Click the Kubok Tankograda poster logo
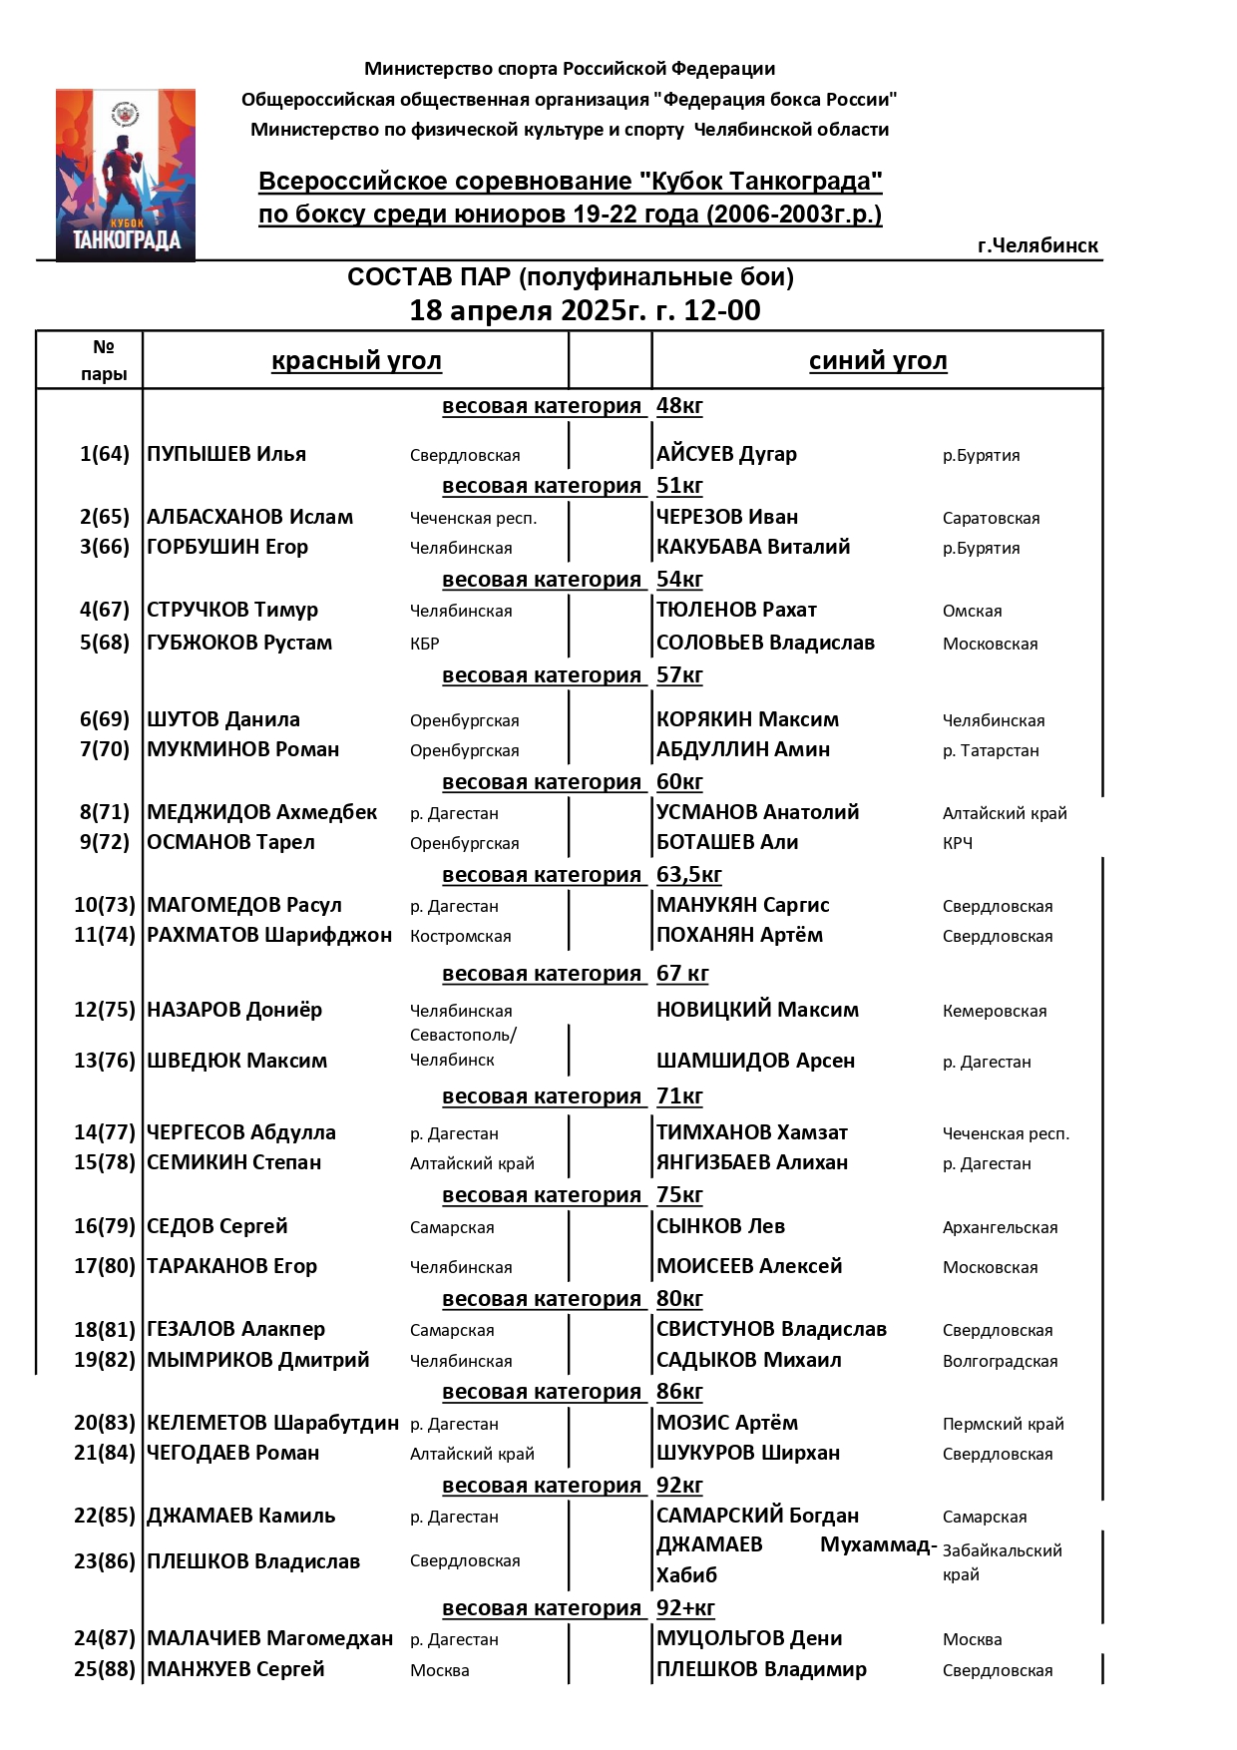[x=125, y=175]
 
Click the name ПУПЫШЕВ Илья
[x=226, y=454]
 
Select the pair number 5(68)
[x=105, y=643]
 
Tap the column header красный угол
[x=356, y=361]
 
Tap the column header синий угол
[x=878, y=361]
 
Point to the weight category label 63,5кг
[x=688, y=875]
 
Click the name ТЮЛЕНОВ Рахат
[x=736, y=610]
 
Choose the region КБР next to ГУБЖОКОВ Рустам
[x=425, y=645]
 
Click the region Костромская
[x=460, y=937]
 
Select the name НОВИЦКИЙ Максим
[x=757, y=1010]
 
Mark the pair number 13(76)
[x=105, y=1061]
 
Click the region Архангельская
[x=1000, y=1228]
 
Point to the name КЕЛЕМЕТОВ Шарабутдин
[x=272, y=1423]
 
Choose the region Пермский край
[x=1003, y=1425]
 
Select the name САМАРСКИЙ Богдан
[x=757, y=1516]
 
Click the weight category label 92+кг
[x=685, y=1608]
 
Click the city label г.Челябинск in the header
[x=1037, y=245]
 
